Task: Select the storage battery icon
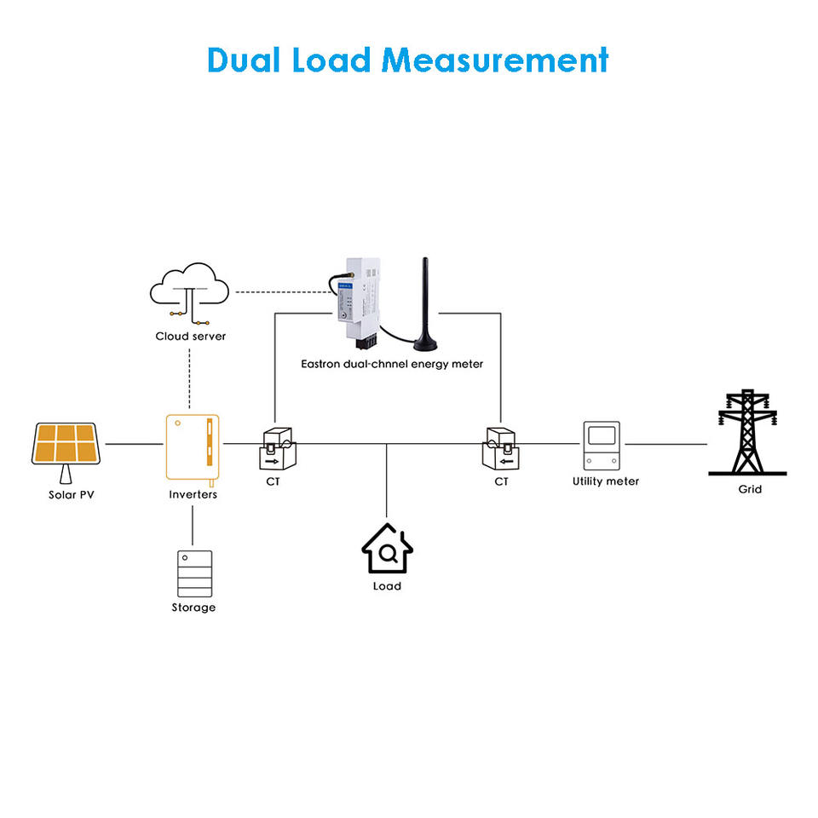pyautogui.click(x=193, y=573)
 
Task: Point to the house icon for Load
pyautogui.click(x=387, y=550)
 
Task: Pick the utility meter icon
pyautogui.click(x=604, y=446)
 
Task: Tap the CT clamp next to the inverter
pyautogui.click(x=277, y=449)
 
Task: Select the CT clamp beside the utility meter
pyautogui.click(x=501, y=448)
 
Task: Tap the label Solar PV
pyautogui.click(x=71, y=494)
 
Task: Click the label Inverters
pyautogui.click(x=193, y=494)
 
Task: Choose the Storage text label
pyautogui.click(x=193, y=608)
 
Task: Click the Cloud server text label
pyautogui.click(x=191, y=337)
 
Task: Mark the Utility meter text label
pyautogui.click(x=605, y=481)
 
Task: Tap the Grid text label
pyautogui.click(x=750, y=490)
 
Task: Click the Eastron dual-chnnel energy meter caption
pyautogui.click(x=392, y=364)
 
